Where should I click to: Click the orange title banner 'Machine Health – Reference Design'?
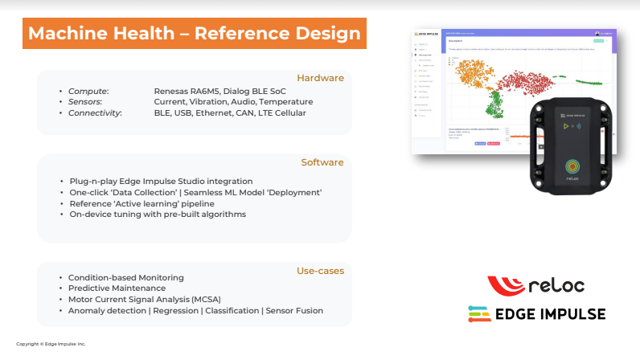pos(194,34)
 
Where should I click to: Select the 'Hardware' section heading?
pos(320,78)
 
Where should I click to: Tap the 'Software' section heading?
pos(322,162)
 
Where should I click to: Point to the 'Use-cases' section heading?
pos(320,271)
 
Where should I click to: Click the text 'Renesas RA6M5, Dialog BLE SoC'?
pos(213,91)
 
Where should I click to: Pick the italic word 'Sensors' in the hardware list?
pos(84,102)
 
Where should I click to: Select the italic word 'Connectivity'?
pos(94,113)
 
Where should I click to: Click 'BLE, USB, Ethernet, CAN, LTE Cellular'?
pos(229,113)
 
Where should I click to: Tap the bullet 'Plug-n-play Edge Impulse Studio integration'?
pos(161,181)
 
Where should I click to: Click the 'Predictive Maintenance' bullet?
pos(117,288)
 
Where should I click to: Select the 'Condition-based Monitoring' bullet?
pos(126,276)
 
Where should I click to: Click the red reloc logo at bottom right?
pos(535,285)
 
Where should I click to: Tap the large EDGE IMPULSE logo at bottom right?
pos(536,314)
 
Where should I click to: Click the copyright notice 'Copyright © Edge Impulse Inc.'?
pos(51,344)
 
